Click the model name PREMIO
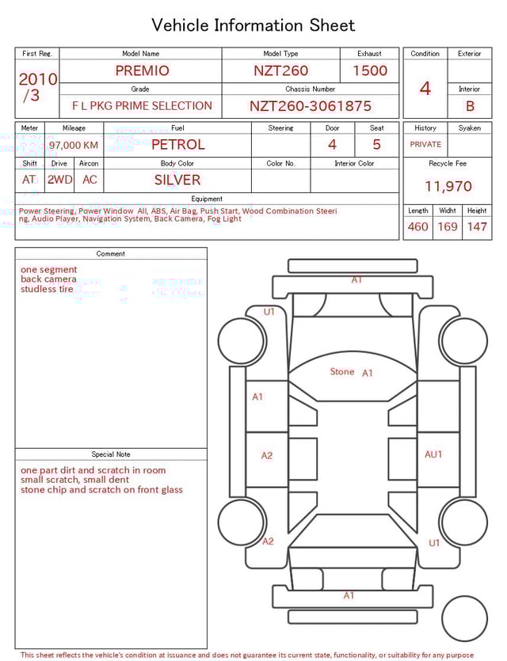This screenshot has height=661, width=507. coord(142,70)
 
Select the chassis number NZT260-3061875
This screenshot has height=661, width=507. coord(310,106)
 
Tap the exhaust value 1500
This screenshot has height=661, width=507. coord(370,70)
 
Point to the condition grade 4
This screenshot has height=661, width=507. coord(425,88)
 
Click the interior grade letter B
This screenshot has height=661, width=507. coord(470,106)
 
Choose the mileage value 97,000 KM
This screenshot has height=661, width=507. coord(74,146)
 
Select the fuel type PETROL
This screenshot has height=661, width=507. coord(177,145)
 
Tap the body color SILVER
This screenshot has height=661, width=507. coord(177,180)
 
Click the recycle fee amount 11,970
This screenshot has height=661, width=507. coord(448,187)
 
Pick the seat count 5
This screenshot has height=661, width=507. coord(376,145)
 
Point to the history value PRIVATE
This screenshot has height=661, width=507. coord(425,145)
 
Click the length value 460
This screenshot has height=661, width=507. coord(417,227)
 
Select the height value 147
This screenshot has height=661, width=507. coord(477,227)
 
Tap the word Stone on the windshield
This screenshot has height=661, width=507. coord(342,371)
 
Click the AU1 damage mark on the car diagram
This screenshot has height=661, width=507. coord(433,454)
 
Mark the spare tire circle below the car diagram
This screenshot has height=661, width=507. coord(464,618)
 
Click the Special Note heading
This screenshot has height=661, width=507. coord(111,454)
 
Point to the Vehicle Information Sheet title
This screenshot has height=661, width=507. coord(253,25)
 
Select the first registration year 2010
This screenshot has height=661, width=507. coord(37,79)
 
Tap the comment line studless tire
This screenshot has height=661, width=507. coord(47,289)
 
